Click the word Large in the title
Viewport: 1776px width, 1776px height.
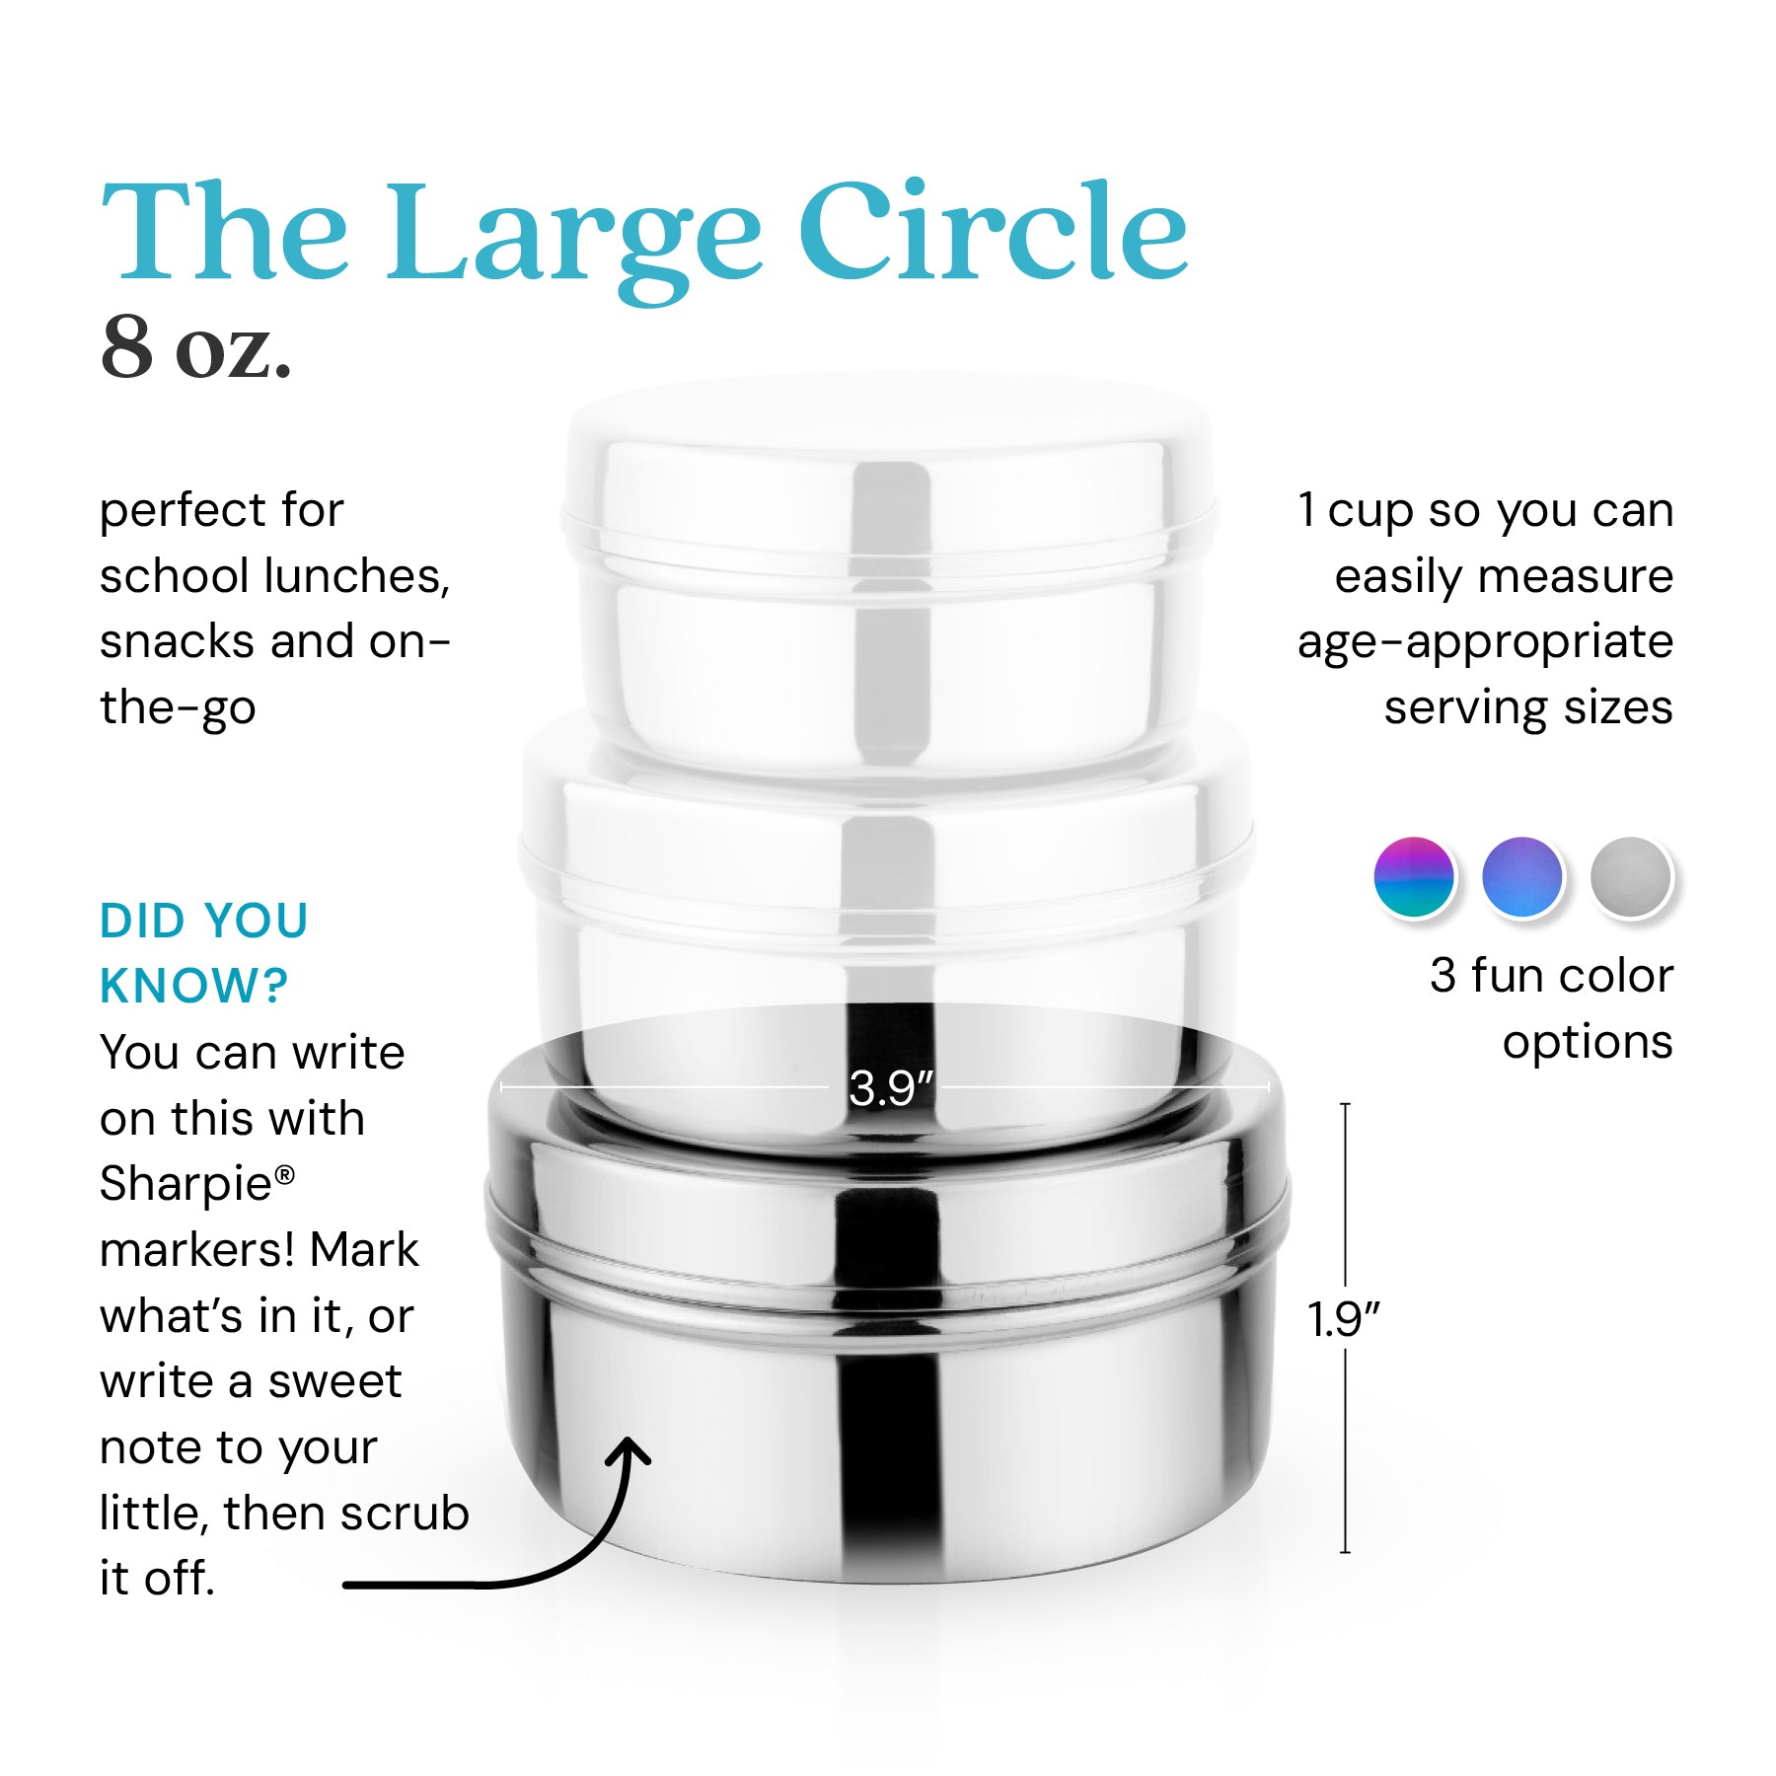coord(572,241)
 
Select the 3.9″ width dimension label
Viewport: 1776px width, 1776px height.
coord(891,1088)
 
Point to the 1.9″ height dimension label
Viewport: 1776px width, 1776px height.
coord(1344,1319)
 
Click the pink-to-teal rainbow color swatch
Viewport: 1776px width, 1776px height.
coord(1414,877)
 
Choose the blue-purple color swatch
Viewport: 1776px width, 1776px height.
coord(1522,877)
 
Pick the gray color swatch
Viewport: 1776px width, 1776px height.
coord(1631,877)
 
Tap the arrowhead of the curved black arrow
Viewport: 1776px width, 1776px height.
coord(628,1452)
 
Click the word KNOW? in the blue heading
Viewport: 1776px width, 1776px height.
coord(194,986)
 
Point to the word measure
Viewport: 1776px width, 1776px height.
coord(1575,577)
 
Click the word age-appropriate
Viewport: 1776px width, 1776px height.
coord(1485,643)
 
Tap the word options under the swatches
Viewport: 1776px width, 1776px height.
coord(1588,1043)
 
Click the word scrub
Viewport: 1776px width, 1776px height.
coord(404,1513)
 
